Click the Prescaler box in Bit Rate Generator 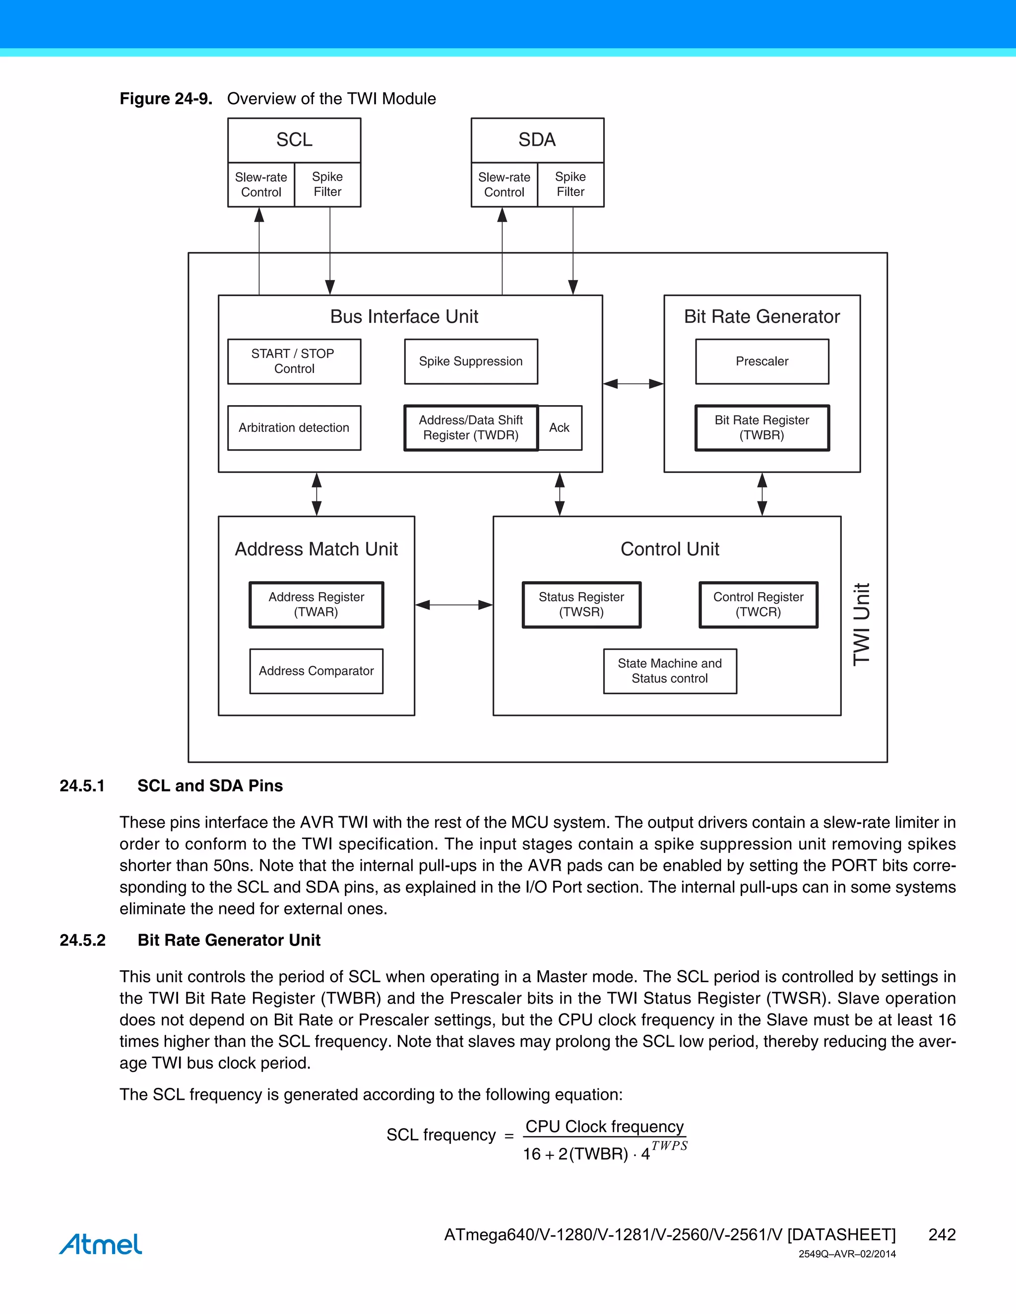762,361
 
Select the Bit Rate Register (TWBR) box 762,428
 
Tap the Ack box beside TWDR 559,428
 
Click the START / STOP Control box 294,361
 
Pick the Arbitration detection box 294,428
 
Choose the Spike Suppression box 471,361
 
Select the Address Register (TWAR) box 316,604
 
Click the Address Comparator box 316,671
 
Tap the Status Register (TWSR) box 581,604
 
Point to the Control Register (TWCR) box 758,604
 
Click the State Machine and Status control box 669,671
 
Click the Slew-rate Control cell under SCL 260,185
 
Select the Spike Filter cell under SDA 570,185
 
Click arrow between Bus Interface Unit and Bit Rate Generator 633,383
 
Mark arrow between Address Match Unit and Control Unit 454,604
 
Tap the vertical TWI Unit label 862,624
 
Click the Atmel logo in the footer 101,1244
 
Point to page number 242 942,1235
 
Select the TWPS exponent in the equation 669,1145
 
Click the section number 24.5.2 82,940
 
